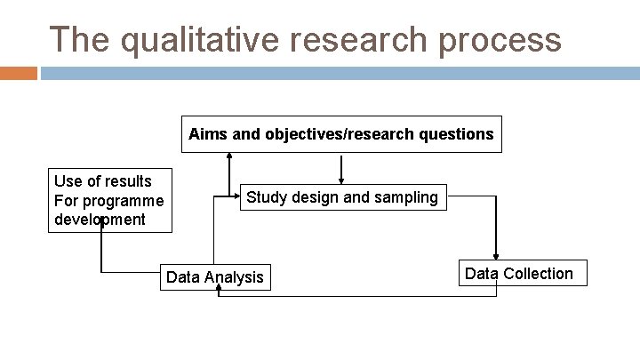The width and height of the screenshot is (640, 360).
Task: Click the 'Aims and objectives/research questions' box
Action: coord(341,134)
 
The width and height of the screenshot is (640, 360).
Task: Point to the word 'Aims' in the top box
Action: coord(204,134)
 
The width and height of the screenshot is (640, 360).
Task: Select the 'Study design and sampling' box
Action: coord(342,197)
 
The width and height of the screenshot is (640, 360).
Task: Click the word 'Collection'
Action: coord(540,274)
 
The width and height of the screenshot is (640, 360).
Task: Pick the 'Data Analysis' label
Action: coord(215,277)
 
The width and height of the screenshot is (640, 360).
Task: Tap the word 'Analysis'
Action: coord(235,277)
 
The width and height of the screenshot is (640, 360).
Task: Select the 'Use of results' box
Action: coord(109,200)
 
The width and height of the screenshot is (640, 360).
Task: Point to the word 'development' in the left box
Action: coord(100,219)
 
